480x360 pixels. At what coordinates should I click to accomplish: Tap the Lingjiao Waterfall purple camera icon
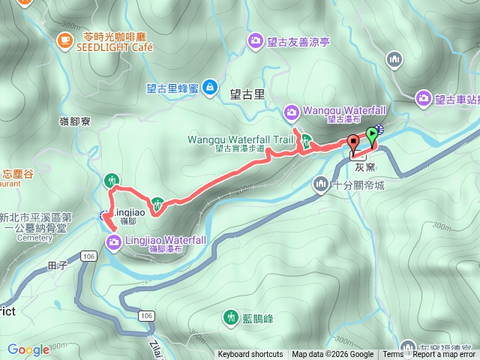point(113,241)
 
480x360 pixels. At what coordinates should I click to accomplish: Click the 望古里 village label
point(247,94)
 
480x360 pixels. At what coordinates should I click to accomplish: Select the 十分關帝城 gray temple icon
point(321,184)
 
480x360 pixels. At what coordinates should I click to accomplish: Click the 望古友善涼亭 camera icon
point(256,42)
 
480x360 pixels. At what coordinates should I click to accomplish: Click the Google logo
point(28,349)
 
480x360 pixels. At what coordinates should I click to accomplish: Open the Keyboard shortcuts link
point(250,355)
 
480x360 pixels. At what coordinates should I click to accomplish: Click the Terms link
point(393,355)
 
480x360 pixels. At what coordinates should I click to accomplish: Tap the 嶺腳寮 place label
point(73,120)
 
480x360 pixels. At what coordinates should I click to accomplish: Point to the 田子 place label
point(57,265)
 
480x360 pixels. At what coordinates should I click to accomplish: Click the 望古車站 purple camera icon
point(424,97)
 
